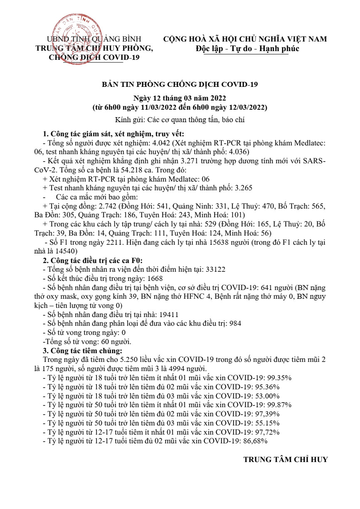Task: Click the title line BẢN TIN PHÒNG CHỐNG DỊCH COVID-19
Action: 180,85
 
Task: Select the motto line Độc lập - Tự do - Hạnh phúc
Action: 245,49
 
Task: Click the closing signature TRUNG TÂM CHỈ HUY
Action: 286,460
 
